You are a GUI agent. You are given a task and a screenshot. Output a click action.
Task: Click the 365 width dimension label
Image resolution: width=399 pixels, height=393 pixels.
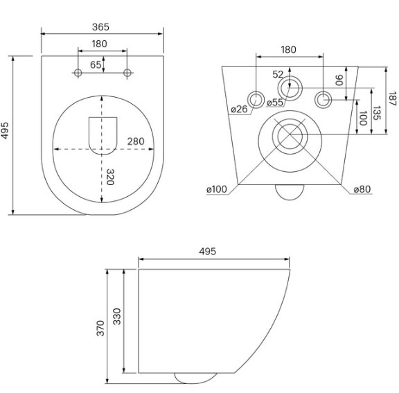point(100,27)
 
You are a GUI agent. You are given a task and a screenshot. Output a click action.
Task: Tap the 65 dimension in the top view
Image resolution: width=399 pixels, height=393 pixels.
point(96,65)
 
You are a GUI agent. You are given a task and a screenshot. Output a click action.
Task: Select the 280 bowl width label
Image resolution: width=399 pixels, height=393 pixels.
point(136,141)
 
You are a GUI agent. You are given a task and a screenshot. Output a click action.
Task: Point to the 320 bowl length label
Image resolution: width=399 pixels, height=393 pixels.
point(110,177)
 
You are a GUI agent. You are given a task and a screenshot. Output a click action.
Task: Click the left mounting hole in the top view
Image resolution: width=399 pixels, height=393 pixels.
point(78,73)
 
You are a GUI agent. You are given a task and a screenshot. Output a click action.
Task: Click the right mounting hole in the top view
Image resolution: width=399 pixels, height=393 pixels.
point(127,73)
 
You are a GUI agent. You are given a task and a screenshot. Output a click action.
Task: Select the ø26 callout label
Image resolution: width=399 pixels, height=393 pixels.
point(239,110)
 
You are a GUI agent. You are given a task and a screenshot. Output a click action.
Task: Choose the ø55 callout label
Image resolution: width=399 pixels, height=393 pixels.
point(275,103)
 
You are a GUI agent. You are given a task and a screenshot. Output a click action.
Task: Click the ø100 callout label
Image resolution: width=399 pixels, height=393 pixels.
point(217,189)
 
